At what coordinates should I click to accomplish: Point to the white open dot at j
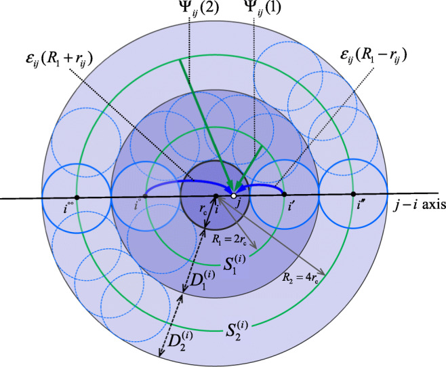tap(233, 196)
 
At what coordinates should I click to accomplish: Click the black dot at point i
tap(216, 196)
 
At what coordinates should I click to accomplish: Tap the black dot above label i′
tap(284, 195)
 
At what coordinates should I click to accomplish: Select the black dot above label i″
tap(354, 195)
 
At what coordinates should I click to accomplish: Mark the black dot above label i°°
tap(77, 197)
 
